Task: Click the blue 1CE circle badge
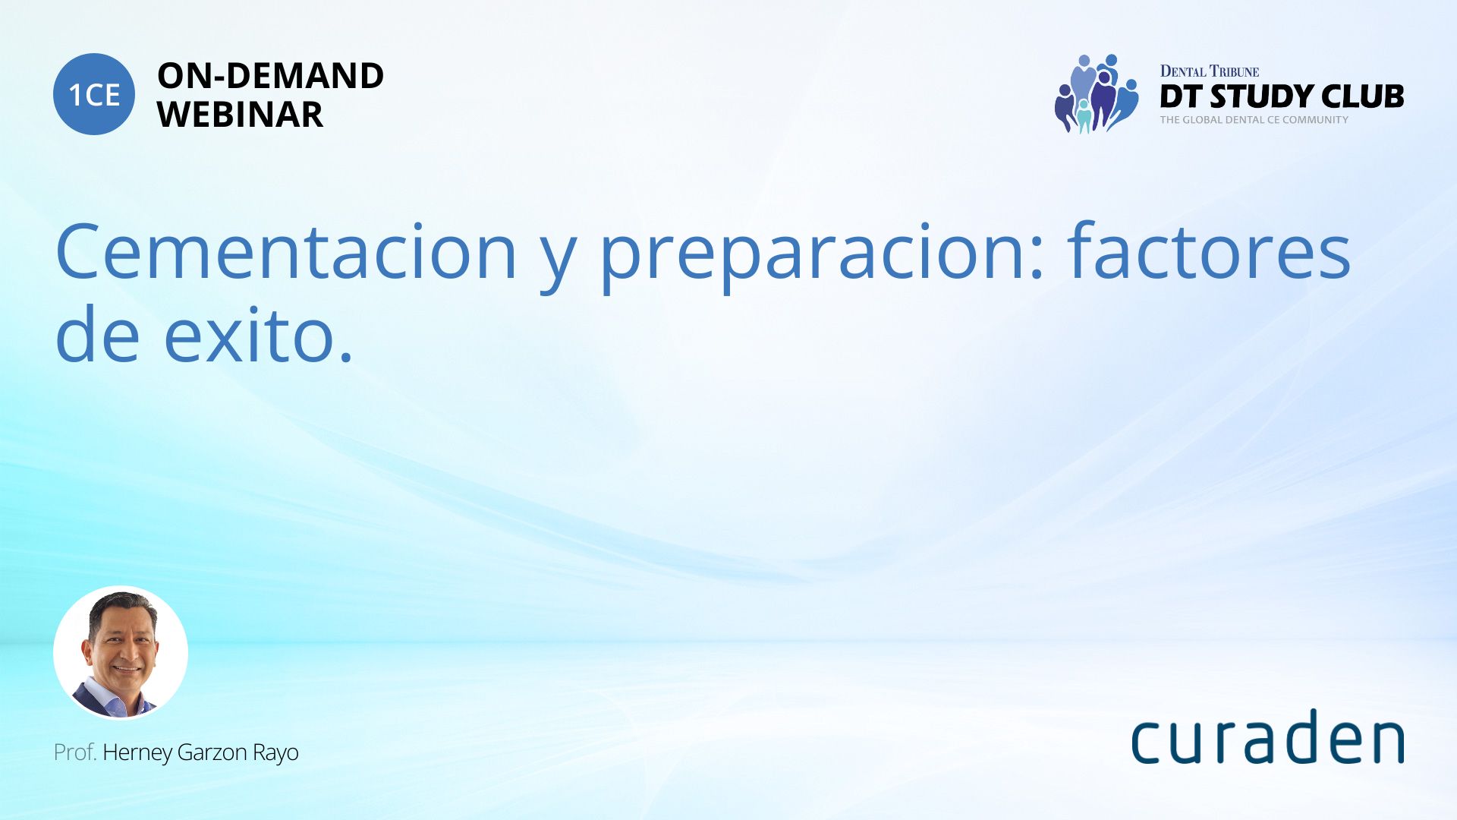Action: pyautogui.click(x=94, y=94)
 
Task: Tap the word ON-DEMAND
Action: pyautogui.click(x=270, y=76)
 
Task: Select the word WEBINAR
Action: pyautogui.click(x=240, y=115)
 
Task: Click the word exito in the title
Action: pyautogui.click(x=259, y=333)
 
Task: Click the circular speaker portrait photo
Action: pyautogui.click(x=121, y=652)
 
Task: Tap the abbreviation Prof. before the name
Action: pyautogui.click(x=75, y=752)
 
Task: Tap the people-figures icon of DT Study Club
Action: pyautogui.click(x=1097, y=93)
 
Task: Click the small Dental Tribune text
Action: pyautogui.click(x=1209, y=71)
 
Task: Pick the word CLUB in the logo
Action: pyautogui.click(x=1363, y=96)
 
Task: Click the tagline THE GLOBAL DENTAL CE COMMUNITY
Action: pyautogui.click(x=1254, y=120)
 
